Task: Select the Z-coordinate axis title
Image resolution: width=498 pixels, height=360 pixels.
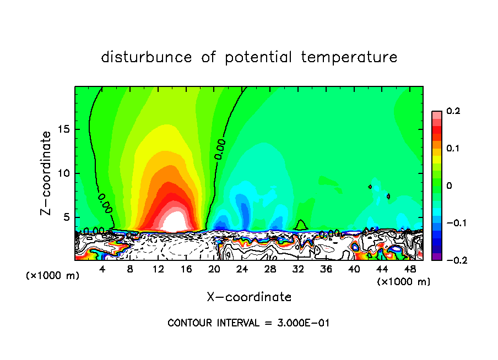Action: coord(48,173)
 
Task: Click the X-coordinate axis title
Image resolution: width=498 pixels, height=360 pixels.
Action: coord(249,297)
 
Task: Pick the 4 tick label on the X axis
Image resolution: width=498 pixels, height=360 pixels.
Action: coord(102,269)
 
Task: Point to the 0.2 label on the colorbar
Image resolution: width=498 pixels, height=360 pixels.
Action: coord(453,111)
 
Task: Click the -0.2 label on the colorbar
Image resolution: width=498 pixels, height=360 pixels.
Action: coord(451,260)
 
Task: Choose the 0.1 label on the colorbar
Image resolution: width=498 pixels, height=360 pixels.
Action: coord(453,149)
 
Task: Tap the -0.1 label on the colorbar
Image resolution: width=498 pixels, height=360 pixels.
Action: coord(451,223)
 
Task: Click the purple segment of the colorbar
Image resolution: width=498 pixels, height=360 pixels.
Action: coord(436,257)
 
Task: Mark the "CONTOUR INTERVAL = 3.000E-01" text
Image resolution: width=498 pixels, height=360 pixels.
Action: coord(248,323)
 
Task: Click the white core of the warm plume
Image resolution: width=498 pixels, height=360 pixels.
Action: coord(174,222)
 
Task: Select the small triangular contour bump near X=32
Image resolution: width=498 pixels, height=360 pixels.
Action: coord(301,225)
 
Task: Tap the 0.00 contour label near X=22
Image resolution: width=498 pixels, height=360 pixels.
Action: coord(221,149)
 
